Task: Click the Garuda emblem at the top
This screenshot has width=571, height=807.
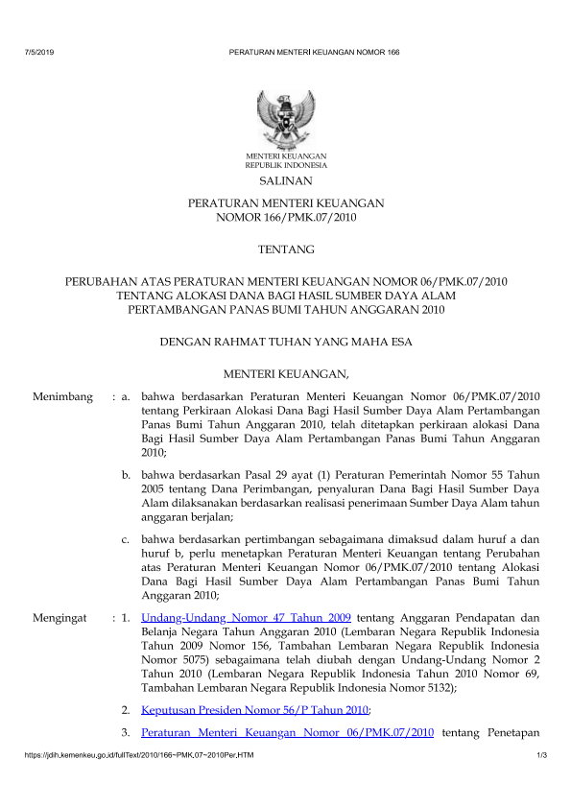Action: click(285, 117)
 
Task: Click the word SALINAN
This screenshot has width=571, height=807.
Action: click(285, 180)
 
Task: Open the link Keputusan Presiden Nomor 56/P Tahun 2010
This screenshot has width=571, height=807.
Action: click(254, 709)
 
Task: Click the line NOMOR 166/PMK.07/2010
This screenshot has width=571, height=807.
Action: click(285, 218)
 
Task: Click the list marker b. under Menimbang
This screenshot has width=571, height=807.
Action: click(126, 474)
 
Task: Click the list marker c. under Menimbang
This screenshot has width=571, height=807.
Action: click(126, 539)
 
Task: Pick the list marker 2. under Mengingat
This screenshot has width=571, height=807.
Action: click(126, 709)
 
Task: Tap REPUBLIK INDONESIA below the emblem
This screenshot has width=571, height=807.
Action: click(285, 165)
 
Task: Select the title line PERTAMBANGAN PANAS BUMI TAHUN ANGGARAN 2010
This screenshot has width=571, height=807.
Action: click(285, 310)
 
